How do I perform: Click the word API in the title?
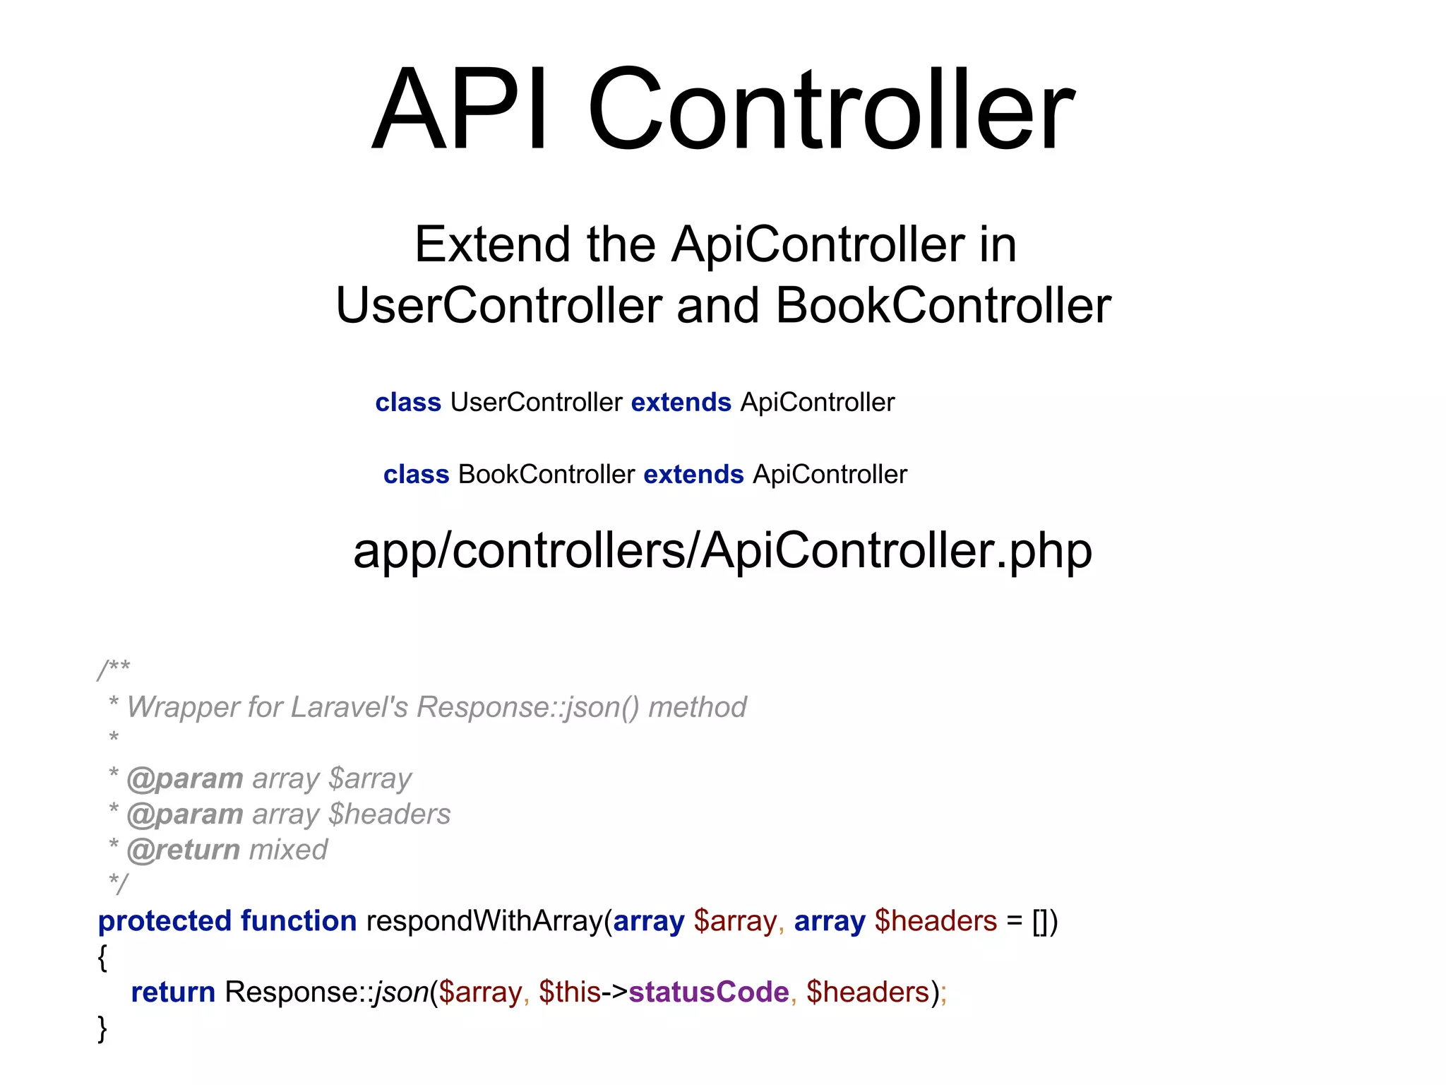(460, 109)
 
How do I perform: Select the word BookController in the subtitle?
(943, 306)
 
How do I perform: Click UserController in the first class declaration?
(536, 403)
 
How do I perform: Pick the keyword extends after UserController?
(681, 403)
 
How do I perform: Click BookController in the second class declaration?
(546, 475)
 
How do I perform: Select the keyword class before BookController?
(416, 475)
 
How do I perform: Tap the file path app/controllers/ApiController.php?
(722, 551)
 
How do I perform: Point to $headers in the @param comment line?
(390, 814)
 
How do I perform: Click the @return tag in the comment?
(184, 850)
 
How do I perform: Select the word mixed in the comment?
(289, 850)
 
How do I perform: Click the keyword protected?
(165, 921)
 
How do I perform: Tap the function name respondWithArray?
(484, 921)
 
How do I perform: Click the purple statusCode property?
(708, 992)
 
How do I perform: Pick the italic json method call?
(401, 992)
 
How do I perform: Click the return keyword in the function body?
(173, 992)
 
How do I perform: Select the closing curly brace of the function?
(102, 1028)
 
